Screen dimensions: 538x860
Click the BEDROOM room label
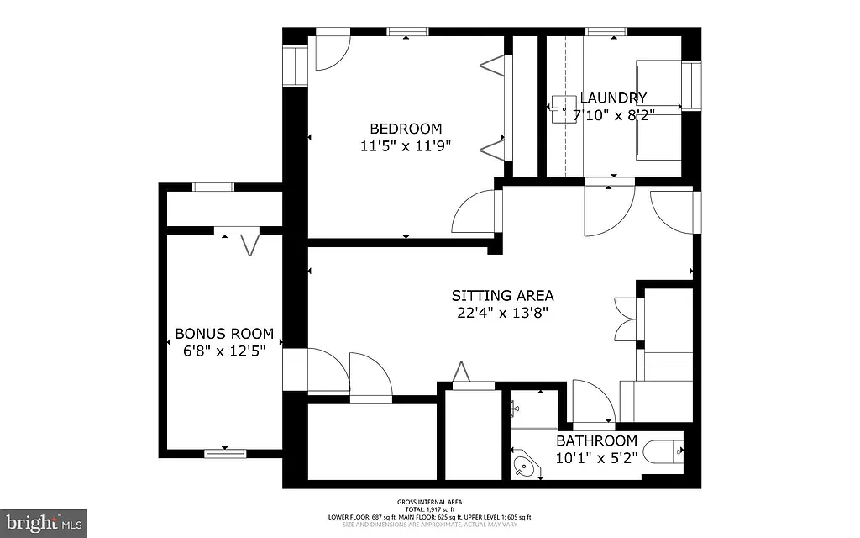(x=406, y=129)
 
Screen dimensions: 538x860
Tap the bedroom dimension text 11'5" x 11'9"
(x=406, y=145)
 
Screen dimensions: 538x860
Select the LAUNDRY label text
(x=613, y=98)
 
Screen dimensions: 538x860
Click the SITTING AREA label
(x=502, y=295)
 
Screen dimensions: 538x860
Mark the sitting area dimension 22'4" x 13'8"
(x=502, y=313)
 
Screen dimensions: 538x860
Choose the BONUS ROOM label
(x=223, y=334)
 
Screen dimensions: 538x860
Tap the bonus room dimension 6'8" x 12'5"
(x=223, y=351)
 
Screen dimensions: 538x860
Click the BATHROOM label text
(x=596, y=440)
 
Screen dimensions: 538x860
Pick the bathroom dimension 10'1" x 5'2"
(x=596, y=457)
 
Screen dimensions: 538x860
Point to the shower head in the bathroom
(x=513, y=407)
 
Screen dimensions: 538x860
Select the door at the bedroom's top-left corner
(x=332, y=52)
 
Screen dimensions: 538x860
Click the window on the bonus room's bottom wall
(x=224, y=453)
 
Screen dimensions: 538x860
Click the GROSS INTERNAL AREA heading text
(x=429, y=502)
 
